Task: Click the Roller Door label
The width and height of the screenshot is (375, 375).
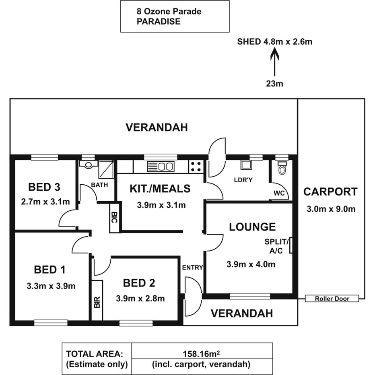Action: pos(332,299)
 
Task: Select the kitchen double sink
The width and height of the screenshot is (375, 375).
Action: pos(160,166)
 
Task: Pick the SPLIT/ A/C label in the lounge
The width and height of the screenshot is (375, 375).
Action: pos(276,246)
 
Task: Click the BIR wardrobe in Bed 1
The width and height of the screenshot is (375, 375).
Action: pos(97,300)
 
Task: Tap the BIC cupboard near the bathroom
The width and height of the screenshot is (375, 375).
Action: pos(114,218)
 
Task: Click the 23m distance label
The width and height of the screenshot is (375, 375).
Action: pos(275,84)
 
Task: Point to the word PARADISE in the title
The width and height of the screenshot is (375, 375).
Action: pos(159,21)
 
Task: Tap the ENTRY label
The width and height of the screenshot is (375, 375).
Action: pos(192,268)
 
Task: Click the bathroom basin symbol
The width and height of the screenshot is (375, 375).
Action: pos(87,164)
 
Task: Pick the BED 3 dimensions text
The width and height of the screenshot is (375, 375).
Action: pos(45,201)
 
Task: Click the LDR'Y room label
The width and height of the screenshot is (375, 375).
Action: pos(243,180)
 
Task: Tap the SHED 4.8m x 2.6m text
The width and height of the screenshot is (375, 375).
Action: pos(275,41)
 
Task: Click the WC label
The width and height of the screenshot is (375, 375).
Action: pos(279,193)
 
